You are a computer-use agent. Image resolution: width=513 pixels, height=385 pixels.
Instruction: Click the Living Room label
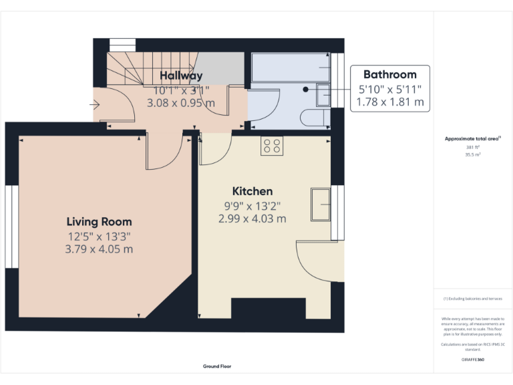coord(99,222)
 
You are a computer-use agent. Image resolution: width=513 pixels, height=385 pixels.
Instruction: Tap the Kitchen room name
coord(252,191)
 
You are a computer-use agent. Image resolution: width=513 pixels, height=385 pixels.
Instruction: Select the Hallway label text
coord(181,76)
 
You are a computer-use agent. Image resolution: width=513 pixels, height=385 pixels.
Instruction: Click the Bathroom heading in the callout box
coord(389,75)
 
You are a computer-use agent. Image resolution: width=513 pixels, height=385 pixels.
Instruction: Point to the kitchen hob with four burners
coord(272,146)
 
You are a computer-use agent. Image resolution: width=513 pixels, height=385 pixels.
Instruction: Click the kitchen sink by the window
coord(321,204)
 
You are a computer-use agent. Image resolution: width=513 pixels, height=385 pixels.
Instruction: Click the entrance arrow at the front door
coord(95,105)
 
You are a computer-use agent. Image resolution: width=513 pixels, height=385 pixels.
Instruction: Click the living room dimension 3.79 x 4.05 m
coord(100,249)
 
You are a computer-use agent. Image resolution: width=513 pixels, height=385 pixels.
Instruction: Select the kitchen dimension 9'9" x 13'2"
coord(252,206)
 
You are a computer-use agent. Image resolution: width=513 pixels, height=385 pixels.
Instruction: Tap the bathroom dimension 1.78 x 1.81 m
coord(391,102)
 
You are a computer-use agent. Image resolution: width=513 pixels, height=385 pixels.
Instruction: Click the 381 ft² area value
coord(473,148)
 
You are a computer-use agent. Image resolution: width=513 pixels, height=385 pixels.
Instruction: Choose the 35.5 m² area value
coord(473,154)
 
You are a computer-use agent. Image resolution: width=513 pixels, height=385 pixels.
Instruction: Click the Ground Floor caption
coord(217,366)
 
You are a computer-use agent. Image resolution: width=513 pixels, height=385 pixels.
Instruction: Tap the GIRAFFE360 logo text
coord(473,360)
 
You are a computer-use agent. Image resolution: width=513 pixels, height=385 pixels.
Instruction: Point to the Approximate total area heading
coord(472,139)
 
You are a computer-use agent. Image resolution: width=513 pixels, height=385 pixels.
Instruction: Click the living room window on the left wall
coord(11,226)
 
